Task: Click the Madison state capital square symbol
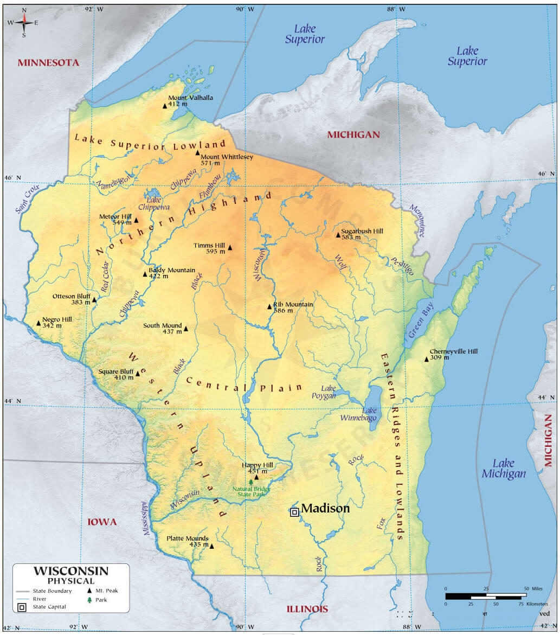(x=294, y=512)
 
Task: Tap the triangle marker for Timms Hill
(x=230, y=248)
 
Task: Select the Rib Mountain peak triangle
(x=269, y=307)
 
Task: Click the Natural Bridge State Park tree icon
(x=250, y=482)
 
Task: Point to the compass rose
(x=24, y=22)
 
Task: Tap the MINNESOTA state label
(x=48, y=63)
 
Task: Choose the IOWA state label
(x=102, y=522)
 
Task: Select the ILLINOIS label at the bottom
(x=307, y=609)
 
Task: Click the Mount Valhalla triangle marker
(x=166, y=106)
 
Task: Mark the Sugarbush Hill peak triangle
(x=338, y=235)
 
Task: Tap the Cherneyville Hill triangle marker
(x=427, y=359)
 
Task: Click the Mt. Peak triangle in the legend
(x=89, y=591)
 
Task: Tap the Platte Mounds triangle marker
(x=212, y=546)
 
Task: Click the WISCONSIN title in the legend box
(x=71, y=571)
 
